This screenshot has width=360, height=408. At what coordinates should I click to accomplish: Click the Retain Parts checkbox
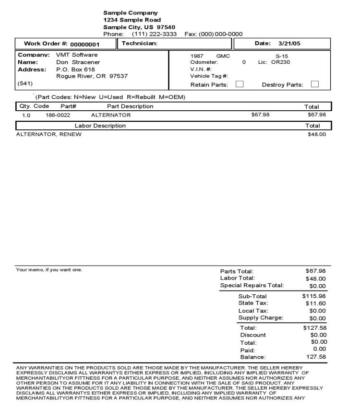(x=240, y=84)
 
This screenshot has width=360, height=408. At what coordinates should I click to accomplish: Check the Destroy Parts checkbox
(x=315, y=84)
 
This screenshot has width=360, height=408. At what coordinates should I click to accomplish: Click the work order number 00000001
(x=85, y=45)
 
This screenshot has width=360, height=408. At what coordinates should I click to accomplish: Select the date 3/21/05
(x=289, y=44)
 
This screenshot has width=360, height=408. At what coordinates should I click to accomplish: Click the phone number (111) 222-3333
(x=154, y=34)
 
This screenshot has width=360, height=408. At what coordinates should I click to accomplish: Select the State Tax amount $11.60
(x=316, y=303)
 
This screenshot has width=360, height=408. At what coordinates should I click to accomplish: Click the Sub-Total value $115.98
(x=314, y=296)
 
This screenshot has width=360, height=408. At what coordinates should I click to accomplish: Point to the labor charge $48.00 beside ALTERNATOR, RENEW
(x=317, y=134)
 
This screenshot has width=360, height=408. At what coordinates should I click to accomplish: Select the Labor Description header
(x=100, y=126)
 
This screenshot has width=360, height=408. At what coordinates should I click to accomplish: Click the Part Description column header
(x=130, y=106)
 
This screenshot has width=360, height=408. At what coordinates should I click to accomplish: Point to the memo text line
(x=49, y=269)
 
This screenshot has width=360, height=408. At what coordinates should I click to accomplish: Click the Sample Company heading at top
(x=131, y=12)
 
